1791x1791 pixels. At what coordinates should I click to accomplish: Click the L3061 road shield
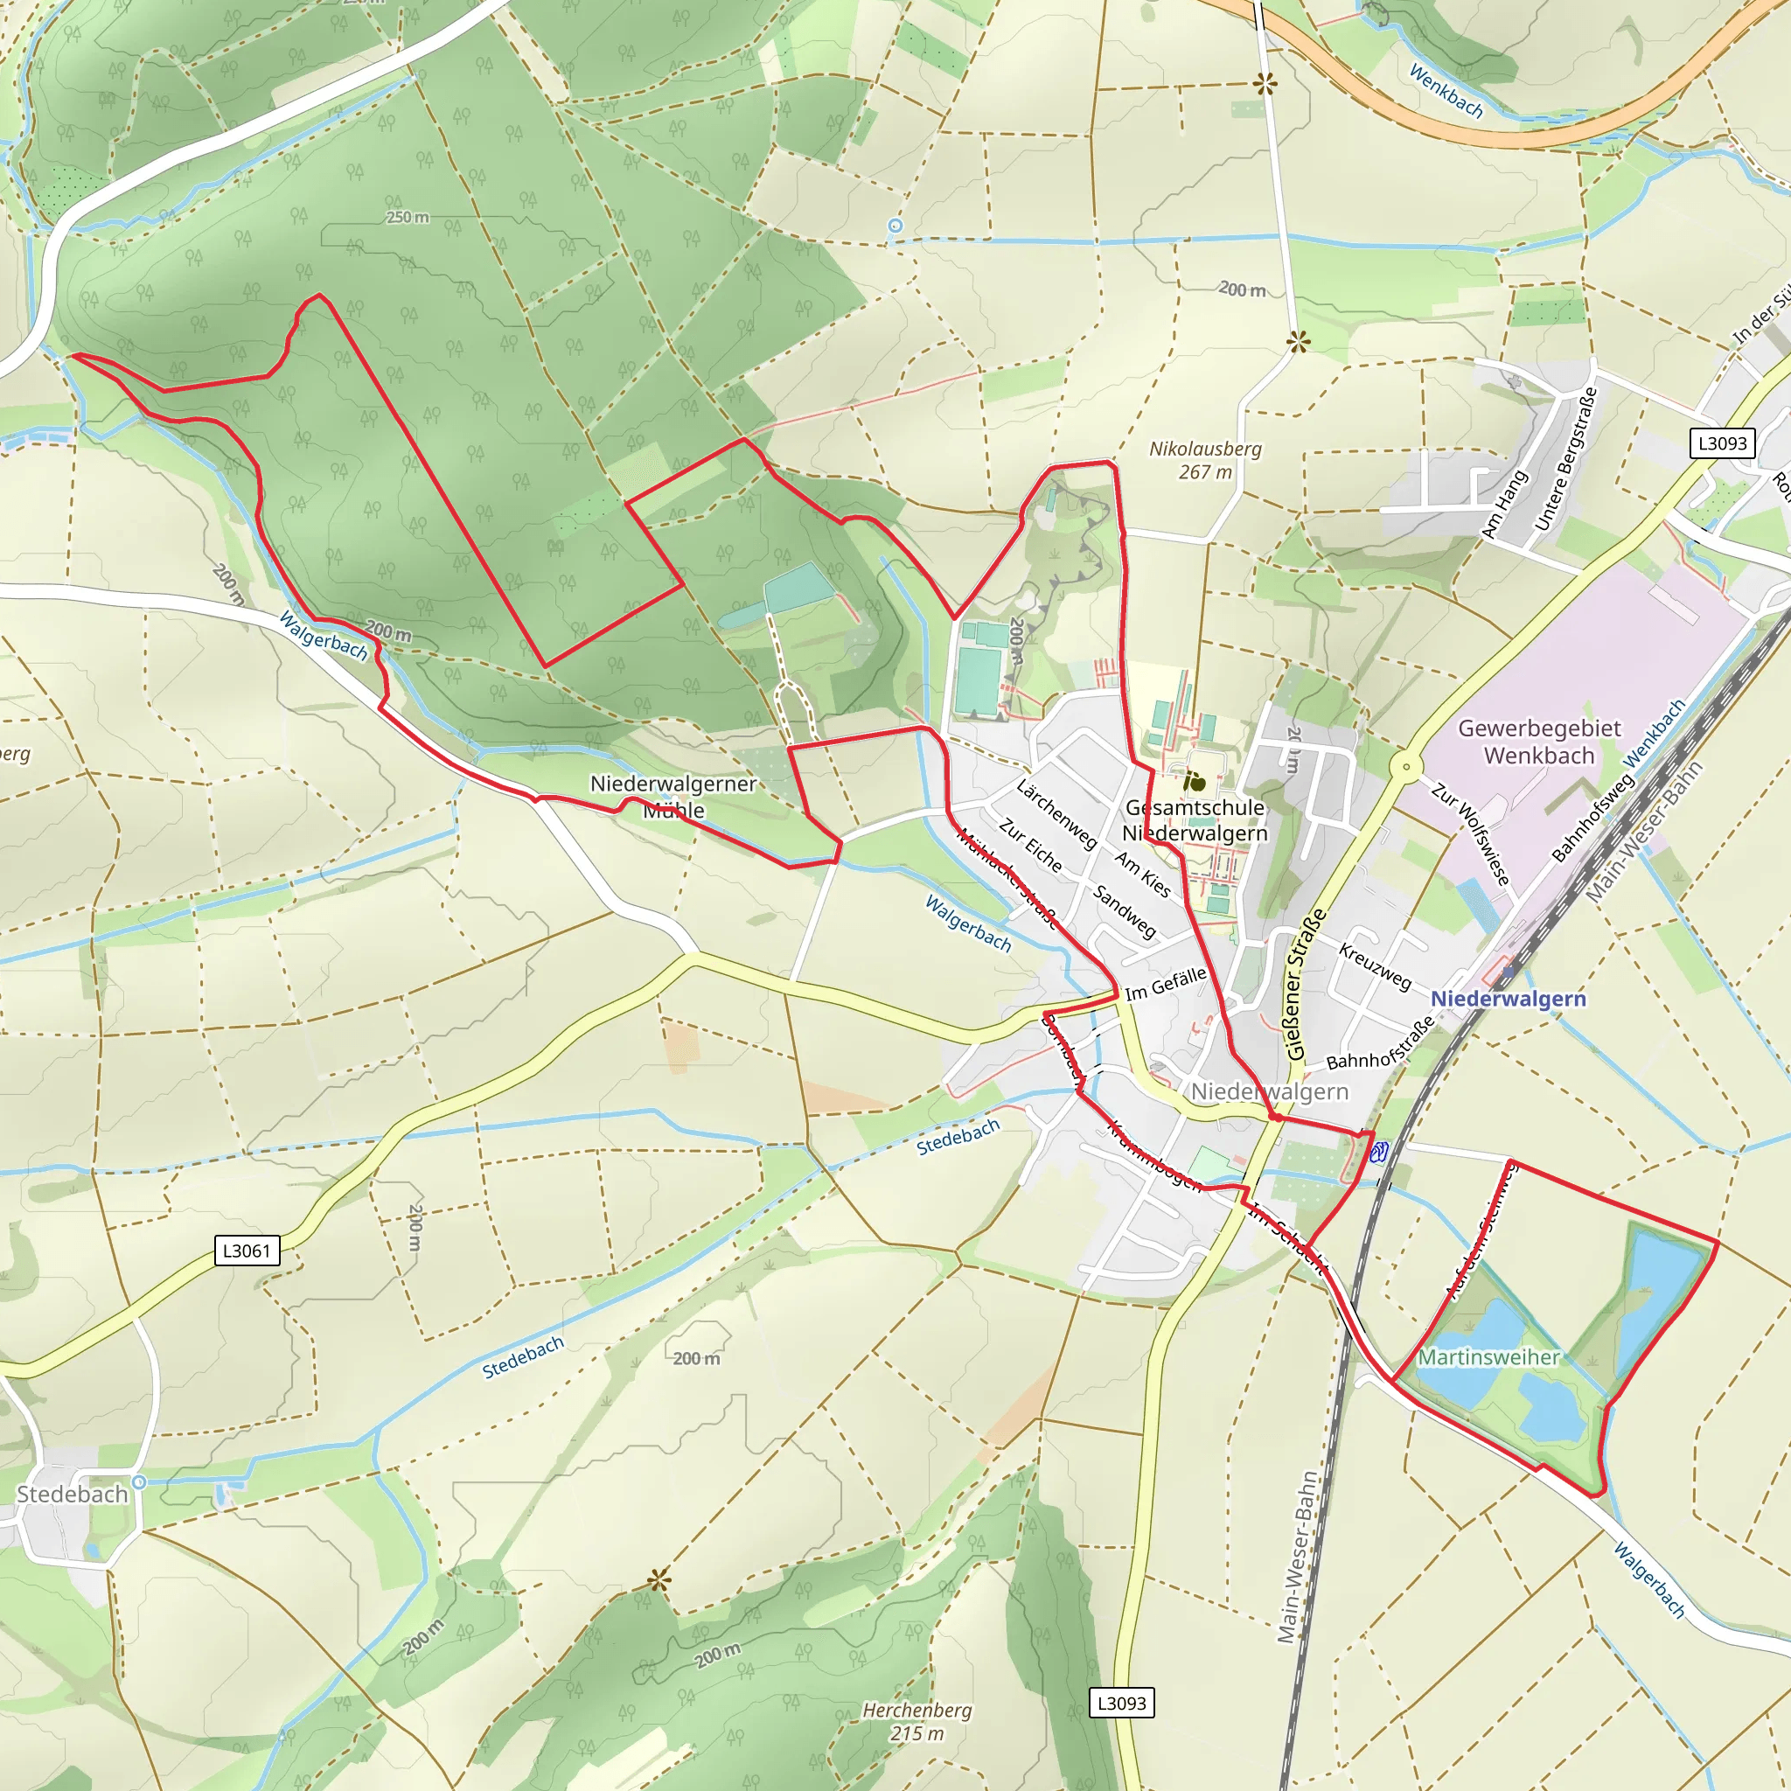coord(246,1251)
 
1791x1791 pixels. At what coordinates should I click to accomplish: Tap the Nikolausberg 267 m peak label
coord(1205,460)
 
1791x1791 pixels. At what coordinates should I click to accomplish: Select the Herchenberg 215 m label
coord(916,1721)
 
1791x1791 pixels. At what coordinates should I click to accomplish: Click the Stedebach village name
coord(73,1495)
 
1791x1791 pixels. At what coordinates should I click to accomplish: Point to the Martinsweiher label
coord(1488,1357)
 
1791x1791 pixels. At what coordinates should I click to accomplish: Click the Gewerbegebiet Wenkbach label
coord(1539,742)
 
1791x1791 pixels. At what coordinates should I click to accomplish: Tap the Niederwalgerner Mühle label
coord(674,797)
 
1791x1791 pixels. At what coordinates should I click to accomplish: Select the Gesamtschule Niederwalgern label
coord(1195,820)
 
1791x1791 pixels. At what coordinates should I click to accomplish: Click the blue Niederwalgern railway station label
coord(1509,999)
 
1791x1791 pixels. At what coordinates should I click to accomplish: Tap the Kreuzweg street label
coord(1375,967)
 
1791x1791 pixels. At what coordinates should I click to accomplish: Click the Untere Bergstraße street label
coord(1566,460)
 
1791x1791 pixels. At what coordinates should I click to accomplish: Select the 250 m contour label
coord(408,217)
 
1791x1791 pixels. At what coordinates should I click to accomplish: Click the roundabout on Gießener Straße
coord(1406,767)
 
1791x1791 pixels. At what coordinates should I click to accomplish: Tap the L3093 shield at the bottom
coord(1122,1703)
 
